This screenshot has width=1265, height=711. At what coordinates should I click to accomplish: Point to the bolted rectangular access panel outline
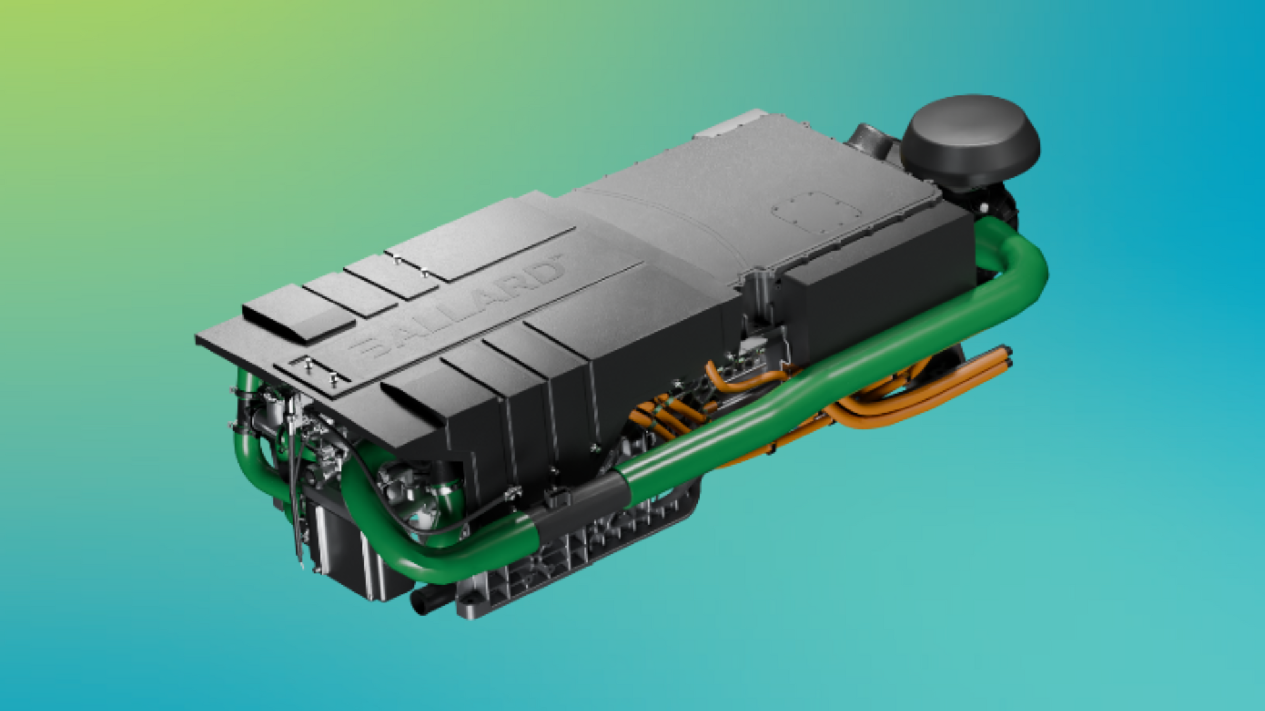816,212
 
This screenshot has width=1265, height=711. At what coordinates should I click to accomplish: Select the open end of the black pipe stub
418,601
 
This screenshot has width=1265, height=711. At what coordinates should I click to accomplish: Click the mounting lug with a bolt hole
469,600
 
